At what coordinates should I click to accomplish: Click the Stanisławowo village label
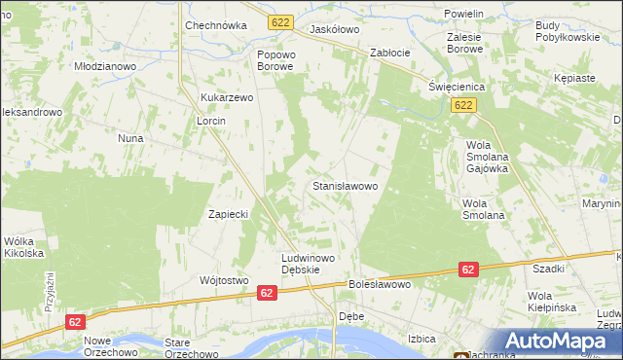click(350, 184)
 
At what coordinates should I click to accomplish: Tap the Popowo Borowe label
click(275, 60)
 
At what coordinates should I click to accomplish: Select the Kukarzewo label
click(227, 98)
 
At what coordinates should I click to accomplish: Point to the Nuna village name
click(130, 138)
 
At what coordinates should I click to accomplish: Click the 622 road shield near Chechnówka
click(281, 19)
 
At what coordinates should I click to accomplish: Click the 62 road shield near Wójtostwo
click(267, 291)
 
